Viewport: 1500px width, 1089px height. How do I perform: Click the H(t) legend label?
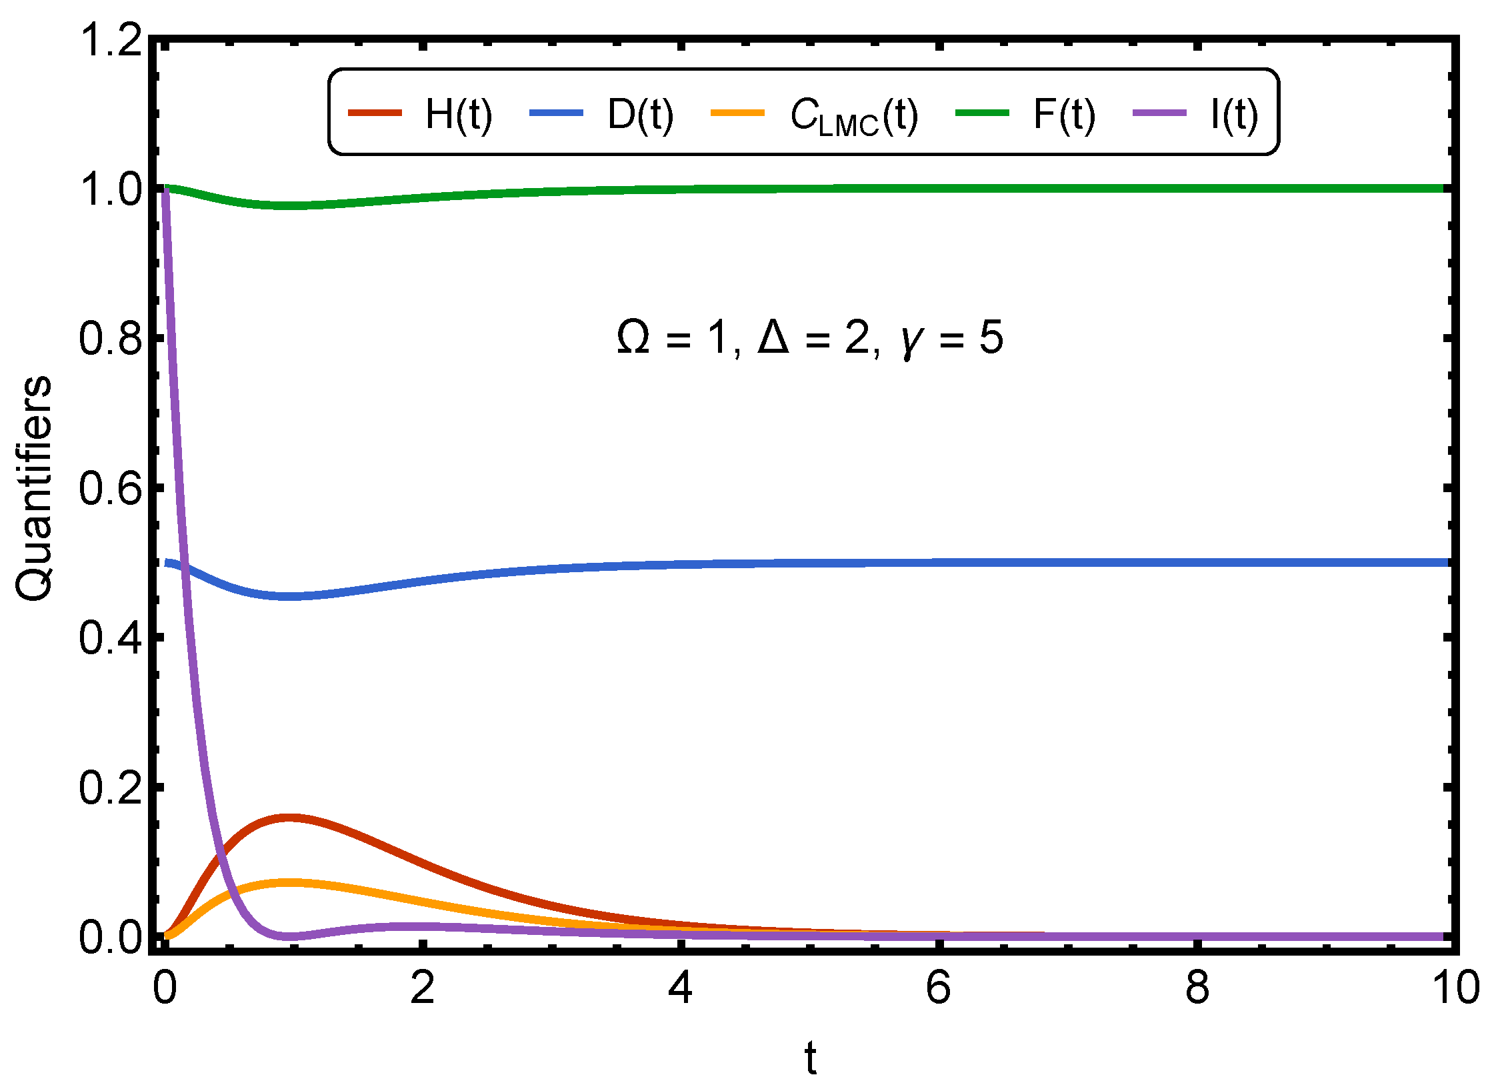[459, 114]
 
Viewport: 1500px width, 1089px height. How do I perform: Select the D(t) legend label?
[640, 114]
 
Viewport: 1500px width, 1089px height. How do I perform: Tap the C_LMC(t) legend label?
[854, 116]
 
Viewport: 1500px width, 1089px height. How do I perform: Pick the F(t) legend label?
[1064, 114]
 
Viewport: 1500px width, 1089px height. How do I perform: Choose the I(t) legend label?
[1235, 114]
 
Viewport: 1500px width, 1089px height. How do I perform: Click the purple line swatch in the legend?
[1159, 113]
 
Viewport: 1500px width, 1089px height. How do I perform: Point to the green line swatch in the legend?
[982, 113]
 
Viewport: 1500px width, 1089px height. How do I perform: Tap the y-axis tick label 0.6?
[111, 487]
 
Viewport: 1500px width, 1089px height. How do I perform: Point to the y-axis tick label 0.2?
[111, 787]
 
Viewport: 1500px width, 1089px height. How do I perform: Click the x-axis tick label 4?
[680, 988]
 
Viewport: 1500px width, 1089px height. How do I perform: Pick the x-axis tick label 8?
[1197, 988]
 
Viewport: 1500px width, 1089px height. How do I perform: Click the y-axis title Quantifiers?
[33, 488]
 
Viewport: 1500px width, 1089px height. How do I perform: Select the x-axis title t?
[810, 1058]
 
